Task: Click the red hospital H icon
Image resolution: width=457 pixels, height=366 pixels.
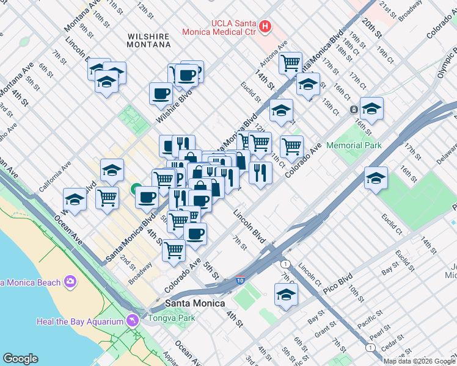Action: click(x=265, y=26)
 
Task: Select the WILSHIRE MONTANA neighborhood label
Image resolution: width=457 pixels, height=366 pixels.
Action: click(x=148, y=40)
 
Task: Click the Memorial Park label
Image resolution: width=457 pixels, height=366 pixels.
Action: click(x=354, y=145)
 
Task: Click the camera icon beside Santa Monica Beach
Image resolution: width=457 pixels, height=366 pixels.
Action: click(x=71, y=282)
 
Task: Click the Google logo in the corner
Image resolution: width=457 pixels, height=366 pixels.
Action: click(x=20, y=359)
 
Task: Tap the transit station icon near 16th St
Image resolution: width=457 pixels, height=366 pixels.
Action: click(x=354, y=110)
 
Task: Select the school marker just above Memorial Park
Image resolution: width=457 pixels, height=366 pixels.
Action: click(x=371, y=109)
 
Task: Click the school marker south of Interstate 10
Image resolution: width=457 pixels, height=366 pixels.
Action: click(x=285, y=295)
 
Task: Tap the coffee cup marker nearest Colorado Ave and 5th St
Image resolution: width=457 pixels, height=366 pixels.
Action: click(x=195, y=234)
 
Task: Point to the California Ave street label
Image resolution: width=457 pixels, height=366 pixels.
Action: click(x=56, y=177)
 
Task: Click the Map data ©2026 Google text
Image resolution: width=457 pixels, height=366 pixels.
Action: click(x=419, y=361)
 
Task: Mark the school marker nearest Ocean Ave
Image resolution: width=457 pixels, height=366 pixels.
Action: click(x=75, y=199)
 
